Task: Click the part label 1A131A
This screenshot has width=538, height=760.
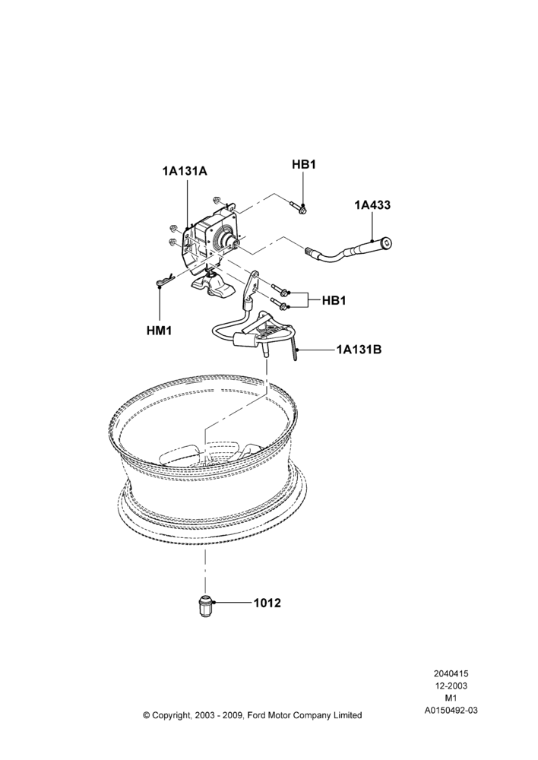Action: (185, 171)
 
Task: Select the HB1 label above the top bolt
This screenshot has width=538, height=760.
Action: (304, 164)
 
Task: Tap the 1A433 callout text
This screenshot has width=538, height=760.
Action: (372, 205)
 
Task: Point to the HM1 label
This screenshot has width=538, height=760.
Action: (160, 331)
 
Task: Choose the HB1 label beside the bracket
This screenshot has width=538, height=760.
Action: (334, 300)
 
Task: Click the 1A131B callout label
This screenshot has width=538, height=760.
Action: (359, 349)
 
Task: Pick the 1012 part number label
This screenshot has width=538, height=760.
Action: (267, 603)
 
